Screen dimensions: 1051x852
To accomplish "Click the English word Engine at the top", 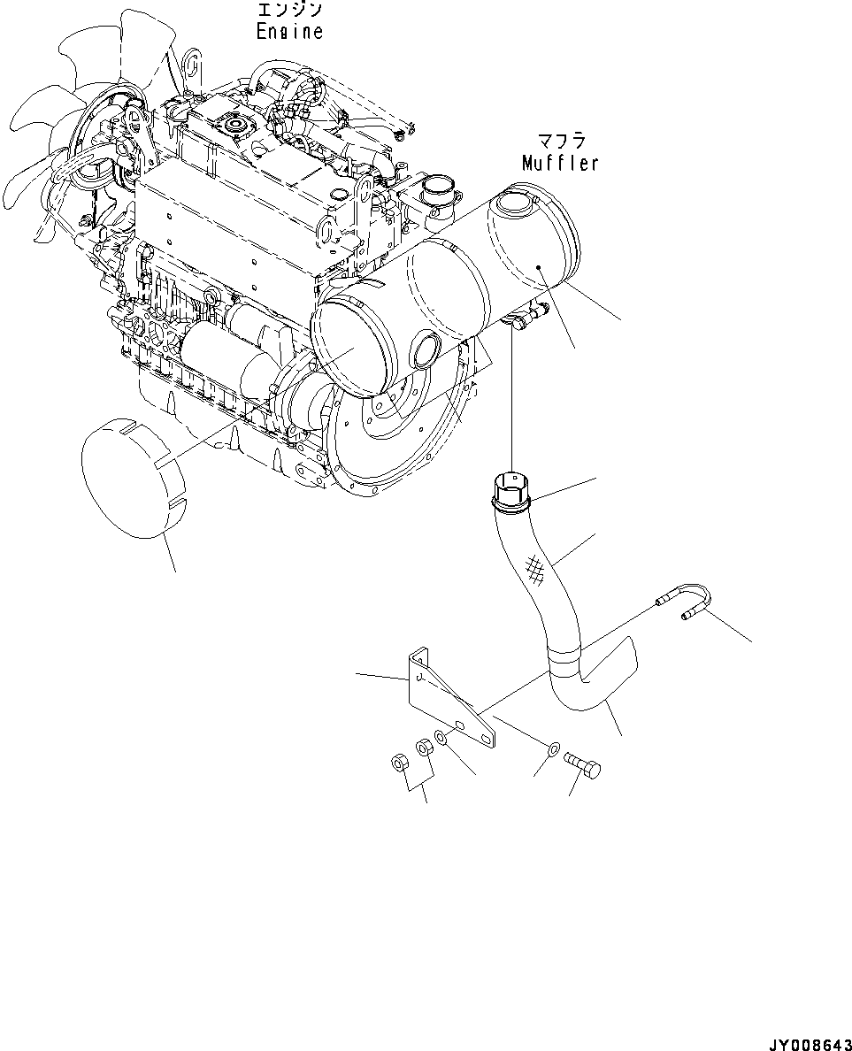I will [289, 31].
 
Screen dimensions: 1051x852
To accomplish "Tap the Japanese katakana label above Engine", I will [289, 11].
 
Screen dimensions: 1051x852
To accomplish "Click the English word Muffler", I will [560, 163].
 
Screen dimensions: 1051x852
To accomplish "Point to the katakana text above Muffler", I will [559, 142].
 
